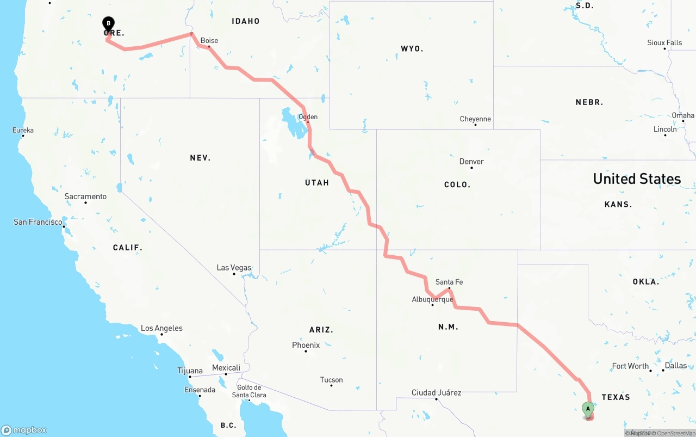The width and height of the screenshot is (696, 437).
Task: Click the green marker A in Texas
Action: (x=587, y=409)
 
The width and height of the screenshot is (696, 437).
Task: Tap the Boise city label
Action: (x=209, y=40)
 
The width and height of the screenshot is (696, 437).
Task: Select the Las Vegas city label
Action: (x=234, y=268)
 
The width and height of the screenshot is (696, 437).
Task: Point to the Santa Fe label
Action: (x=449, y=282)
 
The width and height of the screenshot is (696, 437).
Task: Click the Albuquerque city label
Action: (x=432, y=299)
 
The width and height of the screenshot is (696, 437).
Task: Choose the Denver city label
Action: (x=471, y=162)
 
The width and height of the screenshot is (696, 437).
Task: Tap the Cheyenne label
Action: (x=475, y=119)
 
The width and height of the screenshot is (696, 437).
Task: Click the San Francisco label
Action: (x=38, y=222)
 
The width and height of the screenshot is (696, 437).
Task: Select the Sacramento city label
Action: (x=85, y=196)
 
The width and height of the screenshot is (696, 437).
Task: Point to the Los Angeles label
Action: (x=161, y=328)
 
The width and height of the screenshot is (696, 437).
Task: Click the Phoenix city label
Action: (x=306, y=345)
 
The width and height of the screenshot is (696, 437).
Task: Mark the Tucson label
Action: (x=331, y=380)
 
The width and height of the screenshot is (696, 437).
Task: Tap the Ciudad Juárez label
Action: (x=436, y=392)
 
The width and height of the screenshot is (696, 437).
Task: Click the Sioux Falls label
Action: (x=664, y=42)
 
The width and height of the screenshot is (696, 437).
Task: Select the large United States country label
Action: (x=637, y=179)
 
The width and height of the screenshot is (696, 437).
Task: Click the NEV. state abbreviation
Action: (x=200, y=158)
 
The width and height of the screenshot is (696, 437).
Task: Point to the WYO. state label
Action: (x=412, y=49)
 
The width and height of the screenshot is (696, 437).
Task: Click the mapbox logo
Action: (x=24, y=430)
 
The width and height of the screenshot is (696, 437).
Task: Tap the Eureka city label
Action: (x=23, y=130)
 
